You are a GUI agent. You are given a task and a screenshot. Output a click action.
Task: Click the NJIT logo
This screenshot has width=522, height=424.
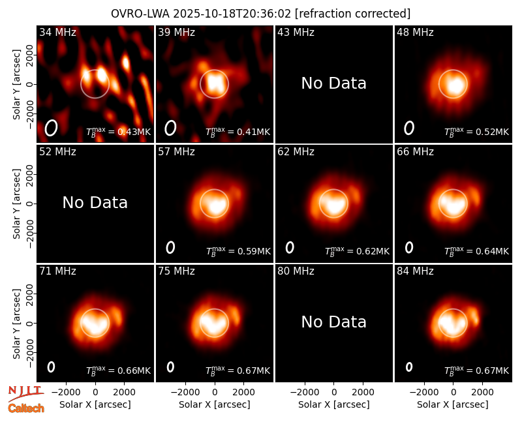click(x=25, y=393)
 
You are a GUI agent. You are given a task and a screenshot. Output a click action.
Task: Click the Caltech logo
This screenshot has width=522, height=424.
click(x=26, y=408)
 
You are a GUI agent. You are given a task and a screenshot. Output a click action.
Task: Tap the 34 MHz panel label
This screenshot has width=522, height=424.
click(x=57, y=32)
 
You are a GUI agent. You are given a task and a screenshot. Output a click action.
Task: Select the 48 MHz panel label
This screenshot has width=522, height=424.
click(x=415, y=32)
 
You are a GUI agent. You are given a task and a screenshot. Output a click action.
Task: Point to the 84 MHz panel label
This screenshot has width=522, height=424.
click(x=415, y=271)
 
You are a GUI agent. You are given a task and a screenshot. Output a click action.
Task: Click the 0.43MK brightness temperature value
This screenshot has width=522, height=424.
click(x=134, y=132)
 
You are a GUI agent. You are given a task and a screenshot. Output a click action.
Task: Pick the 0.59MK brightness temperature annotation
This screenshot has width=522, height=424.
click(x=254, y=251)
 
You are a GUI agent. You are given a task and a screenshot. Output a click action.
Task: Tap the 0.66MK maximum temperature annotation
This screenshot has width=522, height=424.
click(x=134, y=371)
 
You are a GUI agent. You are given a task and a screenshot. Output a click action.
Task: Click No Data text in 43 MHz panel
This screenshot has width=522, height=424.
click(x=334, y=83)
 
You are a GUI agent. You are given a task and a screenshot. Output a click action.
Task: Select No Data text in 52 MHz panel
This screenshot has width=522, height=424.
click(x=95, y=202)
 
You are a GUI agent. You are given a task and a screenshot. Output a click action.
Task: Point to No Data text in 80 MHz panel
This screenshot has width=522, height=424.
click(x=334, y=322)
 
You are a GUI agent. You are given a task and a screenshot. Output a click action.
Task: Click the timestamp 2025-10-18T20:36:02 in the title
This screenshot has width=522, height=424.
click(x=232, y=14)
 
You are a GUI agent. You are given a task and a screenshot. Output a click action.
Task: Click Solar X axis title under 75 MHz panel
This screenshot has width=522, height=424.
click(x=215, y=404)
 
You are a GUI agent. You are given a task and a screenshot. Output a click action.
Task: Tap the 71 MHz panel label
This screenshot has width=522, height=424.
click(x=57, y=271)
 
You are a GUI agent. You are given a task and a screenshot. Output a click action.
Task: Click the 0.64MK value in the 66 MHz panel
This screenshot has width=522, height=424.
click(x=493, y=251)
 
